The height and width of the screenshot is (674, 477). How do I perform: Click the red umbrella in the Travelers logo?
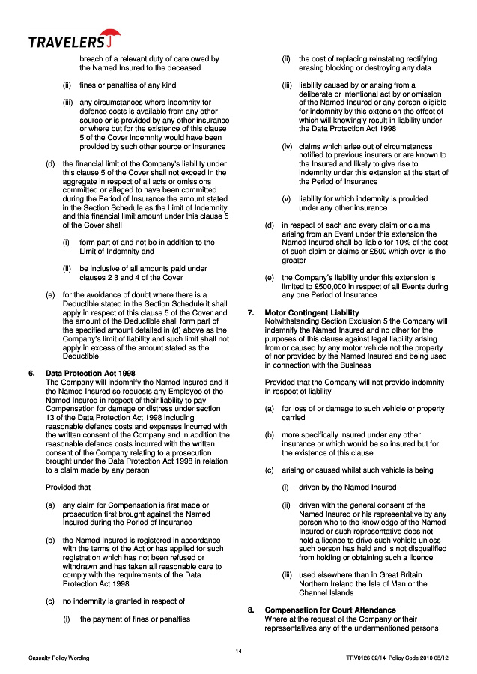click(112, 34)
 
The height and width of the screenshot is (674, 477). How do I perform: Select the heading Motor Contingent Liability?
click(312, 312)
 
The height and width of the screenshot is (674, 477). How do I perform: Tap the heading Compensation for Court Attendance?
click(330, 610)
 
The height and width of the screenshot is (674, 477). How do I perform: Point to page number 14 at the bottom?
click(238, 650)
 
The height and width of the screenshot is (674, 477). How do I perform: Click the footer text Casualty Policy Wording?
click(59, 658)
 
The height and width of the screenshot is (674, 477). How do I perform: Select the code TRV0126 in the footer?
click(361, 658)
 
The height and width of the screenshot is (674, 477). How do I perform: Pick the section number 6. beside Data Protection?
click(31, 372)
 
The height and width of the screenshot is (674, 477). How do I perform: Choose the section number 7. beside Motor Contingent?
click(251, 312)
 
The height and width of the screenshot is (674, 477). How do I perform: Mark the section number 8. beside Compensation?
click(251, 610)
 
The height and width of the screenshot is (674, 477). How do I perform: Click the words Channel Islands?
click(326, 592)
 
